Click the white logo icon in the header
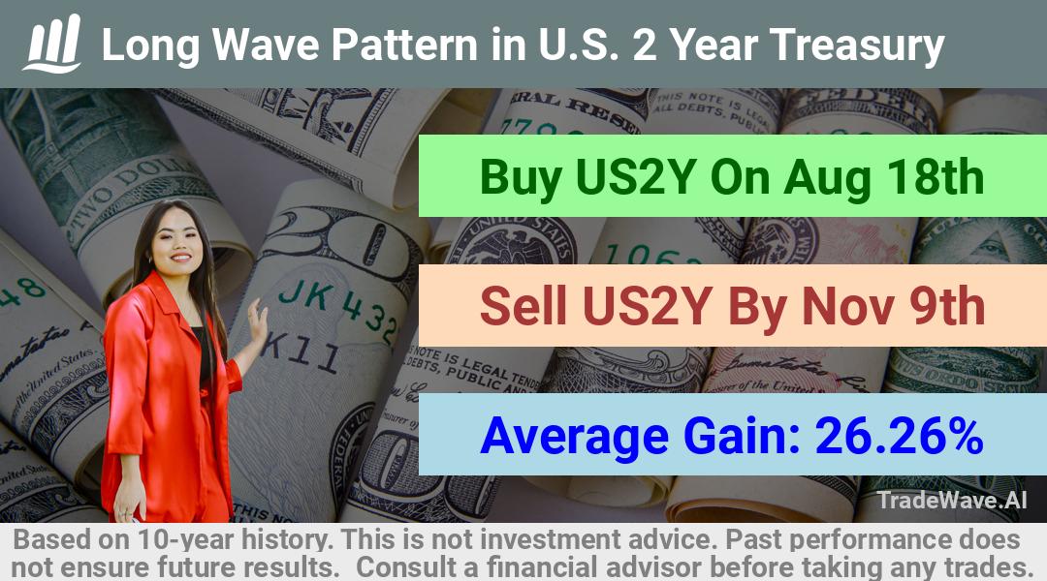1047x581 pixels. point(52,44)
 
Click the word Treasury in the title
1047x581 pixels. point(857,46)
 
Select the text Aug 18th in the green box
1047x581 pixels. point(883,177)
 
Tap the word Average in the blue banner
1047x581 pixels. point(574,437)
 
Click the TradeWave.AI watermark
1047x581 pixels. point(952,501)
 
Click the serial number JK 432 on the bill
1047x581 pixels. point(338,309)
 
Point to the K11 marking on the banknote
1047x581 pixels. point(300,352)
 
